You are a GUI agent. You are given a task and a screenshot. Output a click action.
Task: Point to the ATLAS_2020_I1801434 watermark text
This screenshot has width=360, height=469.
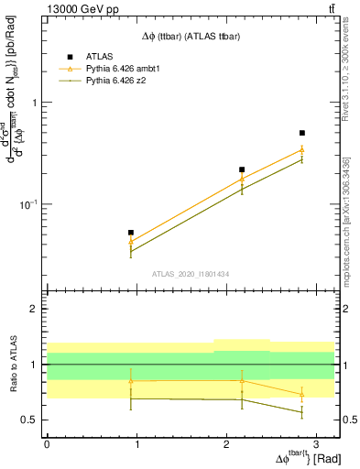coord(190,275)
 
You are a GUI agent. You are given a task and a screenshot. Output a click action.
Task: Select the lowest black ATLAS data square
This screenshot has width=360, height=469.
coord(131,233)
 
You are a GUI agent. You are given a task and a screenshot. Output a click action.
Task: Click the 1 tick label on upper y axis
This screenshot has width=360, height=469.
coord(36,103)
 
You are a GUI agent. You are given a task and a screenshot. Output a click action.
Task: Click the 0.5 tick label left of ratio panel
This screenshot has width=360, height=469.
coord(32,420)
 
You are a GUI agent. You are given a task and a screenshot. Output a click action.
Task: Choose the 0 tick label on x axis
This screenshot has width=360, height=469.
coord(47,443)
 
